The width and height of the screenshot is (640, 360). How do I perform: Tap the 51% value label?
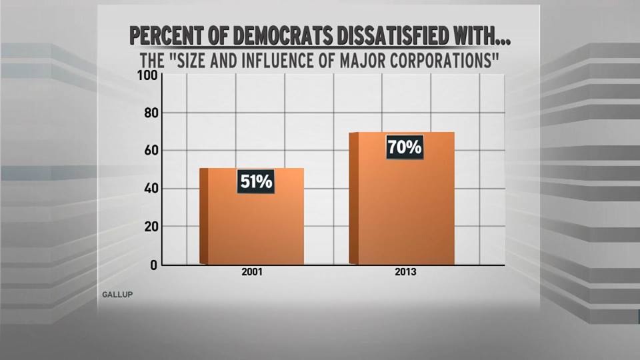coord(255,181)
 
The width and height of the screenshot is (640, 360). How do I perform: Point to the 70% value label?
coord(404,146)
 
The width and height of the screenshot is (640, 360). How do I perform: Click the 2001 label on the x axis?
coord(251,274)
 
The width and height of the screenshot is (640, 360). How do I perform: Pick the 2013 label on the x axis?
coord(403,274)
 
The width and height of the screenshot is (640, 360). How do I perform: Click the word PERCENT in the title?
coord(169,35)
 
